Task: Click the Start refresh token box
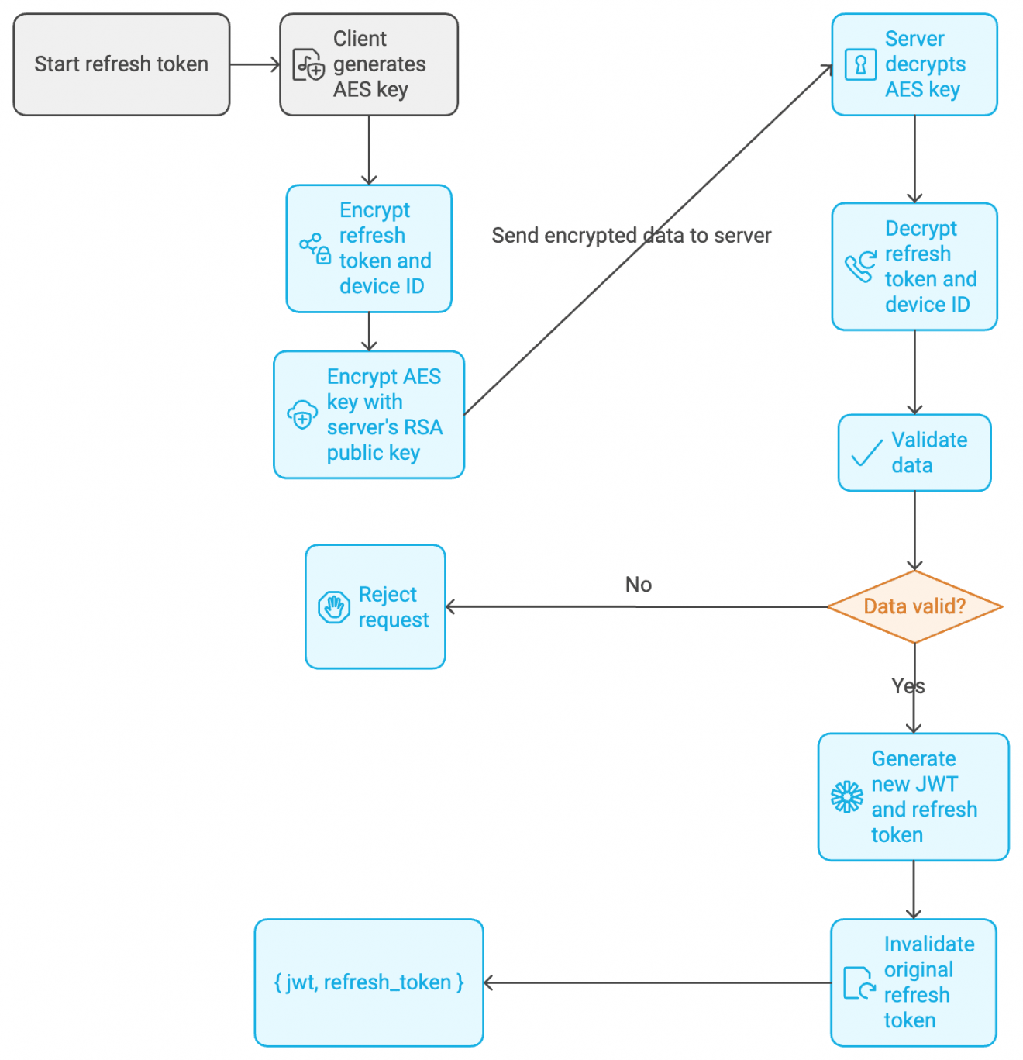122,64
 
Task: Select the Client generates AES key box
369,64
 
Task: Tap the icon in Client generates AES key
308,65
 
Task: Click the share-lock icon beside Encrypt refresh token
315,248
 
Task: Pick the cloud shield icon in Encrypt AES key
302,415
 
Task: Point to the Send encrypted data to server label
631,236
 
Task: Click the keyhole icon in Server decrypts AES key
860,64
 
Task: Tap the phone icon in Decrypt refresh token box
860,267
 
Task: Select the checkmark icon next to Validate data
866,453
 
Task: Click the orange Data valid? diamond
914,606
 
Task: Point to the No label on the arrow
639,585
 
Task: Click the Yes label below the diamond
908,686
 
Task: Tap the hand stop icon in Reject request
334,607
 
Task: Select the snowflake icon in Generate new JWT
846,796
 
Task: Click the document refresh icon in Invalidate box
859,982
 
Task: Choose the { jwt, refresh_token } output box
369,982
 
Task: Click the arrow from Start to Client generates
254,64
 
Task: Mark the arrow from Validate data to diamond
914,530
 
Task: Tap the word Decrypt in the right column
921,229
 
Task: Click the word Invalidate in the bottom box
929,944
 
